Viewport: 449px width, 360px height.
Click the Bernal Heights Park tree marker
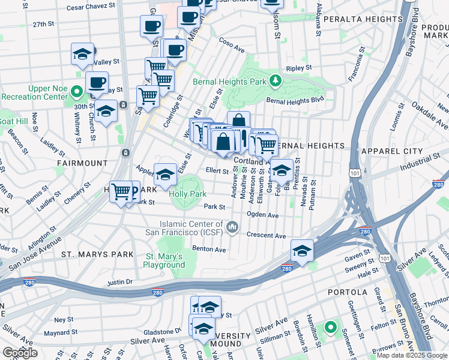pos(275,80)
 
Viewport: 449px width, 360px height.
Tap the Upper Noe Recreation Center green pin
pos(76,92)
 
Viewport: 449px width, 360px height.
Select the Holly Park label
pos(187,194)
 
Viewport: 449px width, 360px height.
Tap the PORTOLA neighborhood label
pos(346,292)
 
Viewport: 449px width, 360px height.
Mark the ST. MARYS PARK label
pos(97,254)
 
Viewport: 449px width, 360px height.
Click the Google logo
pos(20,352)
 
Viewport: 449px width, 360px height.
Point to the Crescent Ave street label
pos(266,236)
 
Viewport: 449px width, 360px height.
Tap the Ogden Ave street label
pos(262,215)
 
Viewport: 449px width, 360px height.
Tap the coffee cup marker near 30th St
pos(97,82)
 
